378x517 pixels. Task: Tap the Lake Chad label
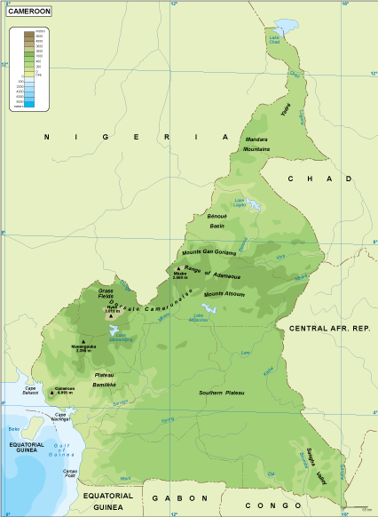pyautogui.click(x=274, y=37)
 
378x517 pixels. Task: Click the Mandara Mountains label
pyautogui.click(x=256, y=144)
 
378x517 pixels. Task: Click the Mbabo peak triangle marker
pyautogui.click(x=177, y=269)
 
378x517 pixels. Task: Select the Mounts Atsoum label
pyautogui.click(x=224, y=294)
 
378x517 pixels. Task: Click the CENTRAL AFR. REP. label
pyautogui.click(x=328, y=328)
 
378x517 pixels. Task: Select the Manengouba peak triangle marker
pyautogui.click(x=83, y=342)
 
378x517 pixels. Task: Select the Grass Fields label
pyautogui.click(x=106, y=294)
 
